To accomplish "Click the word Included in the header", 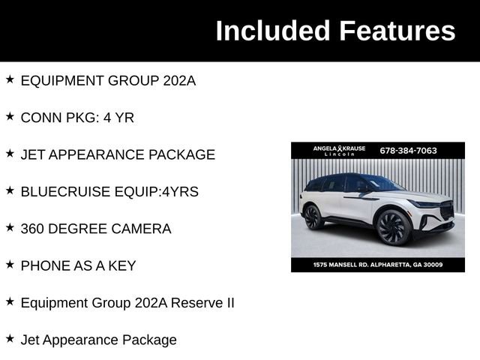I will pyautogui.click(x=274, y=31).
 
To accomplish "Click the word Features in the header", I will pyautogui.click(x=397, y=31).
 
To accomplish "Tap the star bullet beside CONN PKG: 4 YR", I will pyautogui.click(x=10, y=116).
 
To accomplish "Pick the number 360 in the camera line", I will pyautogui.click(x=34, y=229).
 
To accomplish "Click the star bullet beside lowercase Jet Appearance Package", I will pyautogui.click(x=10, y=339).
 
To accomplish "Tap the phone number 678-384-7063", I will pyautogui.click(x=408, y=150).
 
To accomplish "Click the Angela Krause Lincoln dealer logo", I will pyautogui.click(x=339, y=151).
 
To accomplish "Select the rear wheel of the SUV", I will pyautogui.click(x=313, y=217).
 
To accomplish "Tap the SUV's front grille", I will pyautogui.click(x=446, y=211).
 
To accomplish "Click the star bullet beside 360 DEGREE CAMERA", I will pyautogui.click(x=10, y=227).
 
